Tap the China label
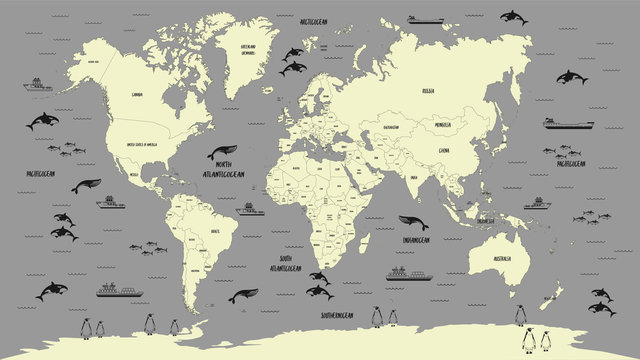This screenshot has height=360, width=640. pyautogui.click(x=443, y=149)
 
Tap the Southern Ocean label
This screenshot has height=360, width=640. pyautogui.click(x=335, y=315)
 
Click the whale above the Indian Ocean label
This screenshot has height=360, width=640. pyautogui.click(x=412, y=223)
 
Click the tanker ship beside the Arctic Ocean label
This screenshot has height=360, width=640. pyautogui.click(x=425, y=19)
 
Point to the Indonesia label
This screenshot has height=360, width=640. pyautogui.click(x=487, y=221)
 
